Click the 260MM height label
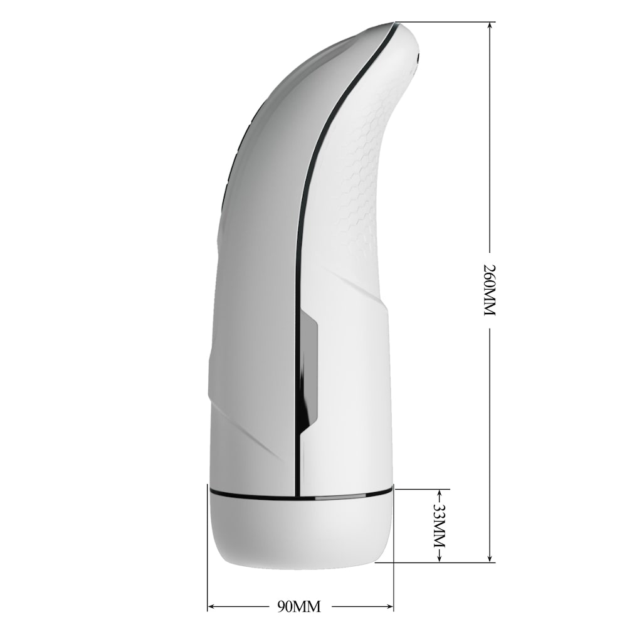click(x=490, y=290)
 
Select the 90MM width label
click(x=298, y=607)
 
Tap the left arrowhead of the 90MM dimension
click(x=212, y=607)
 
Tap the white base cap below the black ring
click(x=301, y=533)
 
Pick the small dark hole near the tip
click(x=418, y=58)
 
